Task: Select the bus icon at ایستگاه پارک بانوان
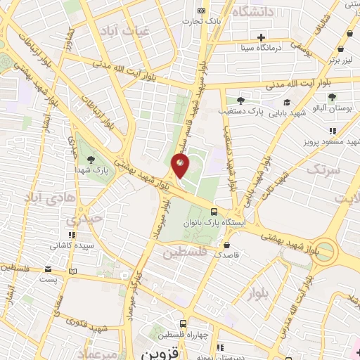click(x=214, y=211)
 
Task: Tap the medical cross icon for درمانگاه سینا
click(x=262, y=37)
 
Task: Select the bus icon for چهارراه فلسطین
click(x=183, y=324)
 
